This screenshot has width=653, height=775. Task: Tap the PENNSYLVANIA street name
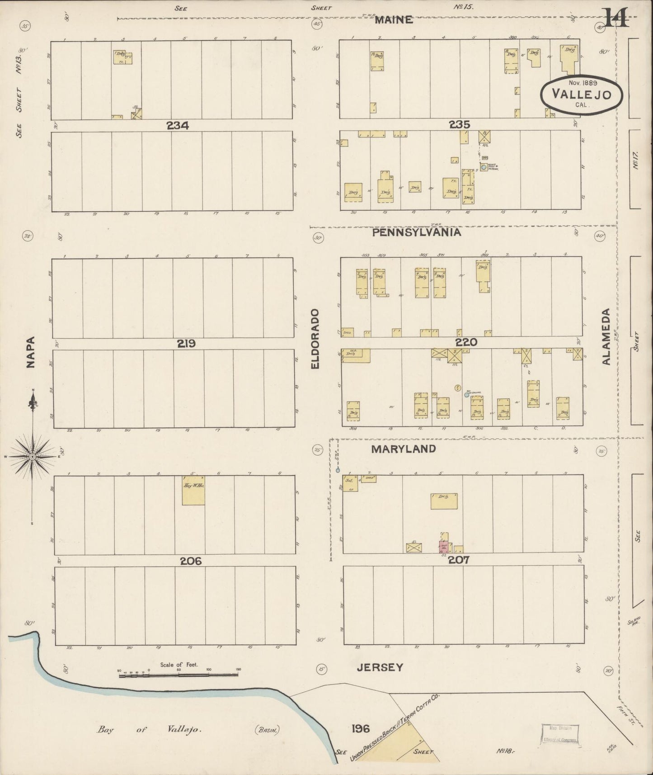(417, 232)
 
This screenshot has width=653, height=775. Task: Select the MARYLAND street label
(404, 449)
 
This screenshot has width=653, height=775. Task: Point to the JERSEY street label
(380, 667)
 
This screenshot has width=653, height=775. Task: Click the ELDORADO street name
(315, 338)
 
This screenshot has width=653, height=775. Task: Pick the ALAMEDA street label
(606, 336)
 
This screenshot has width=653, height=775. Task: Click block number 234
(178, 126)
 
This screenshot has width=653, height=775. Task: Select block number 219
(186, 344)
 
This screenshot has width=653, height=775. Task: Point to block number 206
(190, 561)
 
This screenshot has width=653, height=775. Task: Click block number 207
(459, 560)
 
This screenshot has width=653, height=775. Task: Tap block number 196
(361, 728)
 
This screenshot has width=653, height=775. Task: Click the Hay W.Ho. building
(193, 491)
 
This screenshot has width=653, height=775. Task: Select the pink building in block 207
(443, 548)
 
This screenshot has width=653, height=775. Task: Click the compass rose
(33, 457)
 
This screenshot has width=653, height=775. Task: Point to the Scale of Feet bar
(178, 676)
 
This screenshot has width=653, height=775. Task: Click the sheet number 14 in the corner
(616, 19)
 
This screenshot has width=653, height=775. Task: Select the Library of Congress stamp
(559, 734)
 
